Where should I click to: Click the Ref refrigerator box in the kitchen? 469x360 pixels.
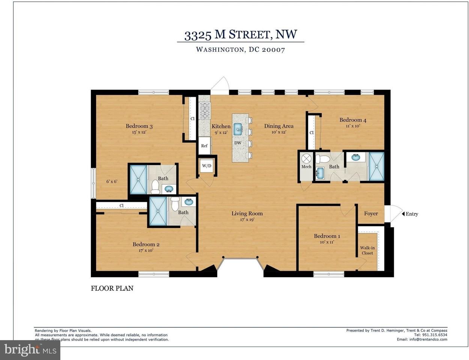pos(204,145)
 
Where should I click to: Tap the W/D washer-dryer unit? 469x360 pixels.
pos(207,166)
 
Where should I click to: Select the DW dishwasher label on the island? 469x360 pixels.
pos(238,143)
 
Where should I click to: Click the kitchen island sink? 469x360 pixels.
pos(238,129)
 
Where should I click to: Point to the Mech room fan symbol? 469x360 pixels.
pos(306,159)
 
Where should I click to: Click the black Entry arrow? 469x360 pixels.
pos(403,214)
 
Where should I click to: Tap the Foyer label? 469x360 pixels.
pos(371,213)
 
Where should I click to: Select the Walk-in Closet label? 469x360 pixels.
pos(367,250)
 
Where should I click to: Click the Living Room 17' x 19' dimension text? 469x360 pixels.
pos(247,220)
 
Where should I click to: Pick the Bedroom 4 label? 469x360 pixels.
pos(353,120)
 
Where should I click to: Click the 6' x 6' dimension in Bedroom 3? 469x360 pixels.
pos(112,181)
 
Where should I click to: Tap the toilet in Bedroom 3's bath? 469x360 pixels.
pos(155,187)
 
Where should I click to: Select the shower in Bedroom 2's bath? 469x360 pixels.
pos(158,211)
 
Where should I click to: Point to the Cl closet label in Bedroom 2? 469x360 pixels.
pos(122,205)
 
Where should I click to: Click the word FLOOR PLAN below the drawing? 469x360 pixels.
pos(112,288)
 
